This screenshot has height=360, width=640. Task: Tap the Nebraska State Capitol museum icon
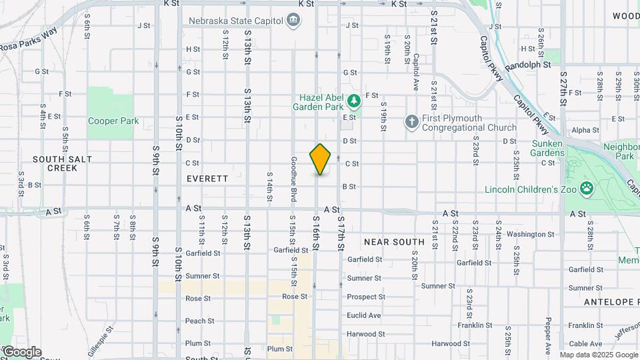tap(293, 21)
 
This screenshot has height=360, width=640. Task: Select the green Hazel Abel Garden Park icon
tap(355, 102)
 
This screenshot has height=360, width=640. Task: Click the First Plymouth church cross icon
tap(412, 122)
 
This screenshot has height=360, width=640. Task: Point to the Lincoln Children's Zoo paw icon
tap(587, 189)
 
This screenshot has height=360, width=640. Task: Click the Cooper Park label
tap(113, 121)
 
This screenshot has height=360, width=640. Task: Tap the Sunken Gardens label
tap(547, 148)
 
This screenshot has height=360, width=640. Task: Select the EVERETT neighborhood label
tap(207, 179)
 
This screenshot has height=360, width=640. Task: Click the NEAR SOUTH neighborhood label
tap(394, 241)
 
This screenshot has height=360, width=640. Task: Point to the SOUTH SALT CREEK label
tap(62, 163)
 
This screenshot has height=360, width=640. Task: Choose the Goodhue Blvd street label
tap(293, 180)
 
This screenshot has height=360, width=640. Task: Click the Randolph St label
tap(528, 65)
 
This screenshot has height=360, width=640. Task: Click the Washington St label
tap(531, 234)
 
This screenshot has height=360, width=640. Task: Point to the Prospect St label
tap(366, 297)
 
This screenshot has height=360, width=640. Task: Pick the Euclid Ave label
tap(364, 315)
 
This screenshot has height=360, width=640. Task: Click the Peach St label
tap(199, 321)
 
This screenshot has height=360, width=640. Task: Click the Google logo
tap(22, 352)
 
